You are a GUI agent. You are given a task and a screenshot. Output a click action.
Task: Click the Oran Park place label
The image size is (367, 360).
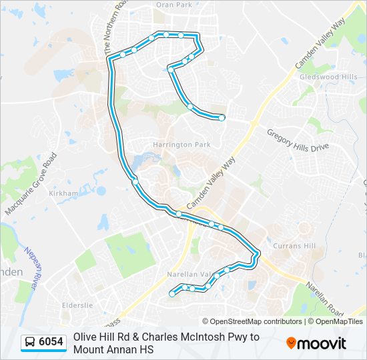click(173, 5)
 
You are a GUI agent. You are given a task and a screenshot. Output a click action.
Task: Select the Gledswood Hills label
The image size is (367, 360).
click(328, 77)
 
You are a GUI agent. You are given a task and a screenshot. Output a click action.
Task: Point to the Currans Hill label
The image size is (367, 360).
click(294, 246)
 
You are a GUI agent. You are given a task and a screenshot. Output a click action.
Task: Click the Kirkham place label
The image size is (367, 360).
click(63, 193)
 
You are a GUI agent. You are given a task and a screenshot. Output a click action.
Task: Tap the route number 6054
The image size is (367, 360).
click(51, 342)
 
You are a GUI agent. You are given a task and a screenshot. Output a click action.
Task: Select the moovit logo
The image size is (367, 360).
click(316, 343)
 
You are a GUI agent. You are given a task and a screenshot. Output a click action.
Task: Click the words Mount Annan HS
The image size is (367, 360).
click(113, 349)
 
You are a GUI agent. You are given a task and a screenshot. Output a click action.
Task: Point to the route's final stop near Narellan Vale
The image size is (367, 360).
click(172, 293)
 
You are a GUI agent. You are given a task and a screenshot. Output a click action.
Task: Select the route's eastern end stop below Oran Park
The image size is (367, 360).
click(222, 118)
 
